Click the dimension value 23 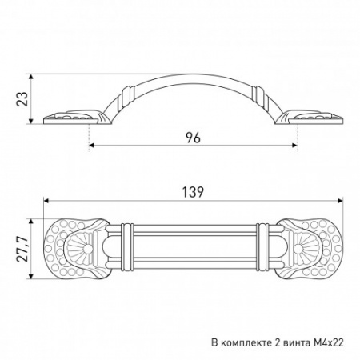[22, 99]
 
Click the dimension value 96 [193, 138]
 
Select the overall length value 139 [193, 192]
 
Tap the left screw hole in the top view [87, 250]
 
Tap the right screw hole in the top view [298, 250]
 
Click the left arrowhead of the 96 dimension [91, 146]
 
